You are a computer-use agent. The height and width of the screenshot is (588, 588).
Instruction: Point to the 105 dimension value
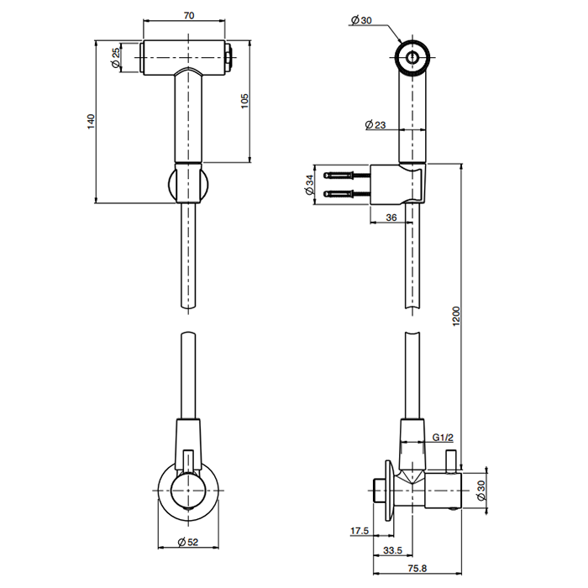point(244,101)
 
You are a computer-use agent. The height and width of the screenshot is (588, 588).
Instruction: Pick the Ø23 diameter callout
point(375,125)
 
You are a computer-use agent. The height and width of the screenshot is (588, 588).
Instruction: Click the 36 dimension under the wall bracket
point(391,218)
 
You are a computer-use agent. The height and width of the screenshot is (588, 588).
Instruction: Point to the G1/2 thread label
point(444,438)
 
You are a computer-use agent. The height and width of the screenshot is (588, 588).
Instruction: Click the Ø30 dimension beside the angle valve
point(480,491)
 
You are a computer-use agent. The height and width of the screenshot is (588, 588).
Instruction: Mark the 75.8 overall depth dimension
point(417,570)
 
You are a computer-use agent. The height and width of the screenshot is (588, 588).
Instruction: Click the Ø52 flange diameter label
point(188,542)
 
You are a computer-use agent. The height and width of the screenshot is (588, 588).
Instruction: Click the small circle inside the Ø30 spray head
point(412,57)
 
